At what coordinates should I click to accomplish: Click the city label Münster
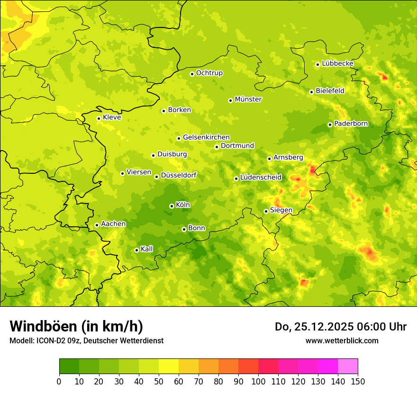click(x=248, y=99)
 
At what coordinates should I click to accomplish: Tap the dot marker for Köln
click(x=172, y=206)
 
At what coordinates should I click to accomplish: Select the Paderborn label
click(x=351, y=124)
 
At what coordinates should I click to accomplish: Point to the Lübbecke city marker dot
click(x=317, y=64)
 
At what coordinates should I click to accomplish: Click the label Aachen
click(x=113, y=224)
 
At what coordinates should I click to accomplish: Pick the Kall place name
click(x=147, y=249)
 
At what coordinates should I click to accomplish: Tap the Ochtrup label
click(x=209, y=73)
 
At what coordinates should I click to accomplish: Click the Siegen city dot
click(x=266, y=211)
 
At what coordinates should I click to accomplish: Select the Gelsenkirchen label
click(x=206, y=137)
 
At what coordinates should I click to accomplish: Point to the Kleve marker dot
click(x=99, y=118)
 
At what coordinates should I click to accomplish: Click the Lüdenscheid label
click(x=261, y=178)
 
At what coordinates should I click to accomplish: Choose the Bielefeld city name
click(x=330, y=90)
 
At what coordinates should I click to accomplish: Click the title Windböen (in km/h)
click(x=76, y=326)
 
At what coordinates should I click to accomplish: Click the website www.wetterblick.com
click(x=342, y=340)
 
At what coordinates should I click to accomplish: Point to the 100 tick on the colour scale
click(x=258, y=381)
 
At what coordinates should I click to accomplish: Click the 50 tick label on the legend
click(x=159, y=381)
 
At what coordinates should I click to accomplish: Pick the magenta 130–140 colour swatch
click(x=328, y=366)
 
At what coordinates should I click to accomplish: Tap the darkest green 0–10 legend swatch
click(x=69, y=366)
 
